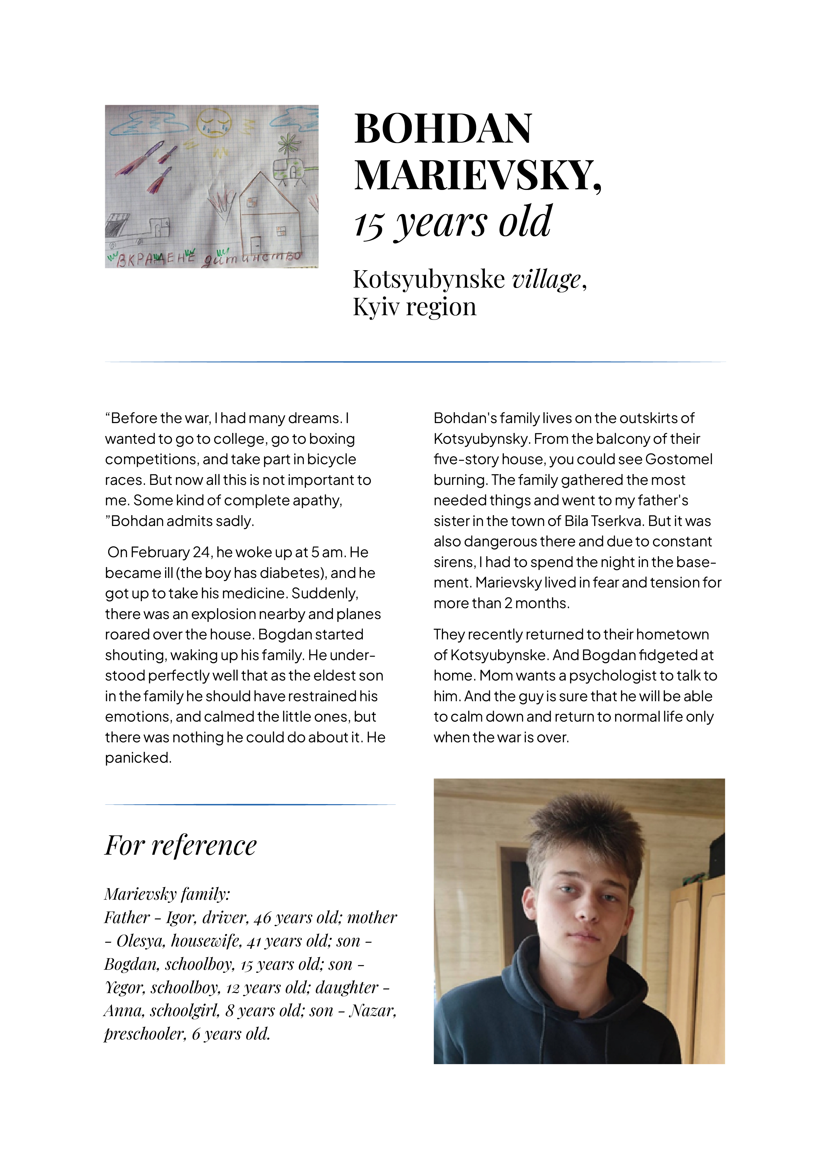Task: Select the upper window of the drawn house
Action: [252, 203]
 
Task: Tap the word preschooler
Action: [144, 1034]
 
